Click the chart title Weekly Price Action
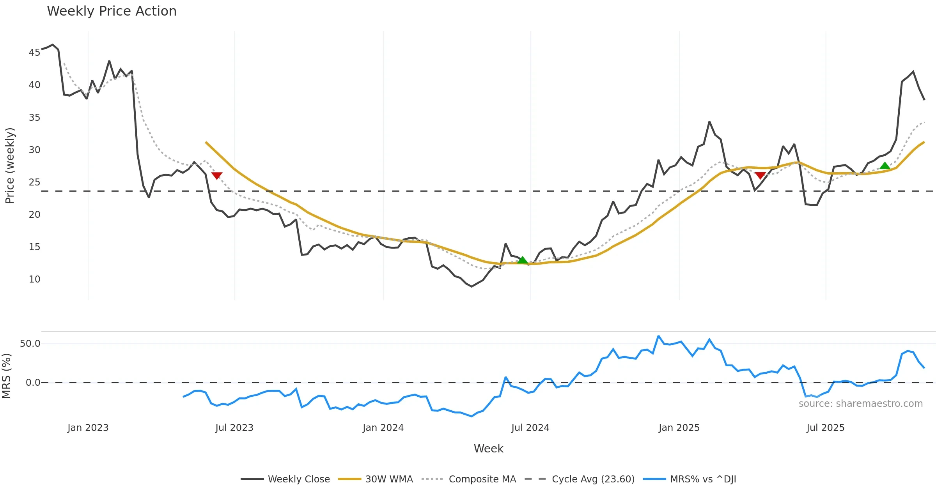(112, 11)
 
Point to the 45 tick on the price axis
(34, 52)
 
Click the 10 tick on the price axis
(34, 279)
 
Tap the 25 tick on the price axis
(34, 182)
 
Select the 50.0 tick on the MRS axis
(30, 344)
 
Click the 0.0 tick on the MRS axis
(33, 383)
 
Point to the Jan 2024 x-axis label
(383, 428)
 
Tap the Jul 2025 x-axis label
(825, 428)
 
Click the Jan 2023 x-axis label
(88, 428)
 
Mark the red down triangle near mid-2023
(216, 176)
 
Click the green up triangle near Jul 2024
(522, 260)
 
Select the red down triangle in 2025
(760, 175)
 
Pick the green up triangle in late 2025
(885, 166)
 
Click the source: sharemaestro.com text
(860, 404)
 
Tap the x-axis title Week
(488, 449)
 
